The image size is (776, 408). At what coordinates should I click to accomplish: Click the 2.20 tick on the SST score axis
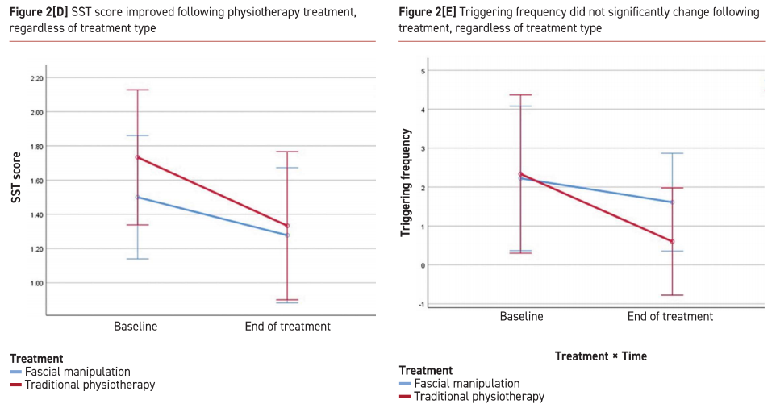tap(36, 78)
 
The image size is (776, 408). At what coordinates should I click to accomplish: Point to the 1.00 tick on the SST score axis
tap(36, 283)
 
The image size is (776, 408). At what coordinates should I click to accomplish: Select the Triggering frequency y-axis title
tap(407, 182)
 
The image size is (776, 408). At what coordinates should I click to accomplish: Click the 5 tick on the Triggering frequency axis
tap(423, 71)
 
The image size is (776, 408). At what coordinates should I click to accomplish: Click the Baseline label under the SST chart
tap(136, 327)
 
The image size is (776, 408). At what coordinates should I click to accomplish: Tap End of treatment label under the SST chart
tap(288, 327)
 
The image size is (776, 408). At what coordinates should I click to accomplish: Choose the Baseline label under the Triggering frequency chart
tap(521, 317)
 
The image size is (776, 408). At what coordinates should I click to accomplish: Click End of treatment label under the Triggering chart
tap(670, 317)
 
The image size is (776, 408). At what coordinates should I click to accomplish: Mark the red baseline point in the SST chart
tap(137, 157)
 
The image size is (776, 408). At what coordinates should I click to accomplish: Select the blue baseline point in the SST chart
tap(137, 197)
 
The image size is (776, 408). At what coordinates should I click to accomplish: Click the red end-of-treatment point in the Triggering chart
tap(671, 241)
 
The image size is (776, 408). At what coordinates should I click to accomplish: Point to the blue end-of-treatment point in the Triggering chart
tap(671, 202)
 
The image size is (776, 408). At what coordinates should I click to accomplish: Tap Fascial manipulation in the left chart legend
tap(77, 372)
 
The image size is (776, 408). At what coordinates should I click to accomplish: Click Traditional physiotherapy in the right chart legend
tap(479, 397)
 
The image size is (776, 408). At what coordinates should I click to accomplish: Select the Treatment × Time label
tap(600, 356)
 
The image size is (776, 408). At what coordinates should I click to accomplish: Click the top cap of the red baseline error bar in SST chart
tap(137, 90)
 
